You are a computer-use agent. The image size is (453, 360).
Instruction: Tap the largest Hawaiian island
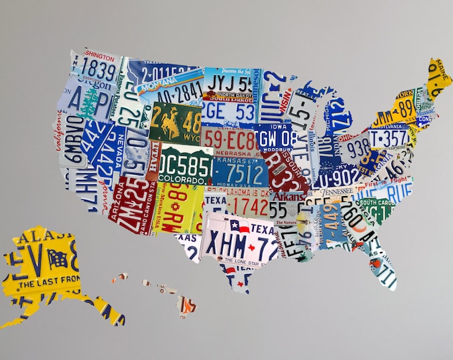pos(187,306)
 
